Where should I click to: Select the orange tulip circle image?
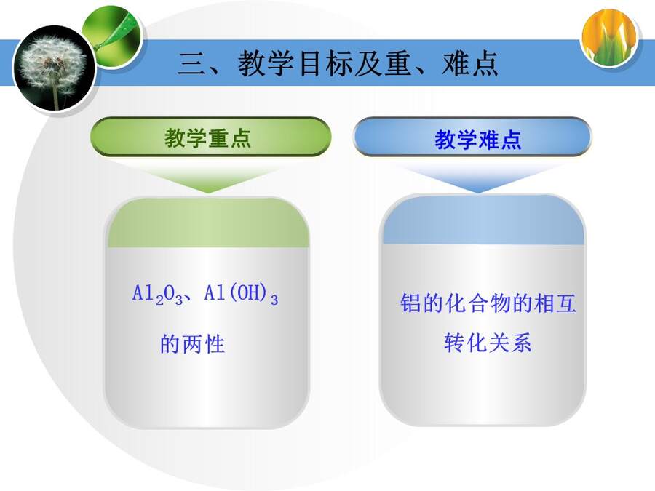(x=609, y=37)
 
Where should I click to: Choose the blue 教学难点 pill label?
(x=472, y=137)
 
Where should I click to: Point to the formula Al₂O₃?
(x=157, y=294)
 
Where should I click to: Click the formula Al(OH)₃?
(x=241, y=294)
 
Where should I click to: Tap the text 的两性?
(x=193, y=344)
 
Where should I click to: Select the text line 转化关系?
(x=488, y=343)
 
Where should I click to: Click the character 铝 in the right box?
(x=410, y=303)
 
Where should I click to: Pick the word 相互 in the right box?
(x=555, y=303)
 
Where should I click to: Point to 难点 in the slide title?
(x=470, y=63)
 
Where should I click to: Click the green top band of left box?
(x=208, y=223)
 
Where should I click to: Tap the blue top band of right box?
(x=483, y=220)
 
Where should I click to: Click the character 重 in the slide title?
(x=399, y=63)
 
